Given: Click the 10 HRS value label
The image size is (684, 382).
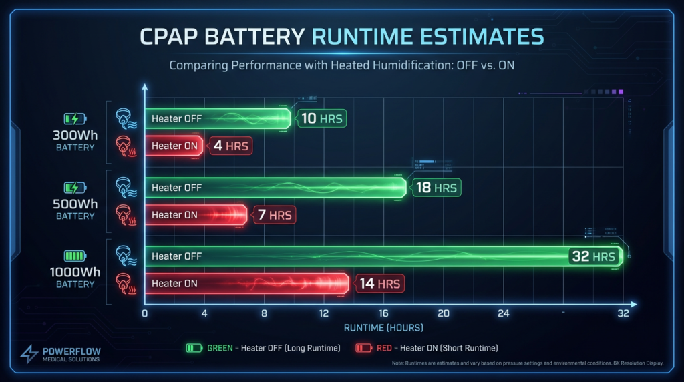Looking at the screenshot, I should (x=322, y=119).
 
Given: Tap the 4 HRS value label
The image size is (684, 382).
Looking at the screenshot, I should (x=227, y=146).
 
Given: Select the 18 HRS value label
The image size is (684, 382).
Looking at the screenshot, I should (x=436, y=188).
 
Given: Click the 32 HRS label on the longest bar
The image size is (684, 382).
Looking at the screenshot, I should (x=592, y=256).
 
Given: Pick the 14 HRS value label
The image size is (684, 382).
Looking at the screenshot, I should (x=379, y=284).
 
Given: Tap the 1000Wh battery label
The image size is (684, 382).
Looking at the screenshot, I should (x=75, y=272).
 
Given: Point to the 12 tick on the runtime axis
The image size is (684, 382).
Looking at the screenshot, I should (x=324, y=314).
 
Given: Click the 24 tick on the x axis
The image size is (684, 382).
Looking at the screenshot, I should (x=503, y=314).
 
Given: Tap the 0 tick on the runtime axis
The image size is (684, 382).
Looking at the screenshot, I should (x=145, y=314).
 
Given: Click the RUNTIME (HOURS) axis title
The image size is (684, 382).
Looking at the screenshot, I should (x=383, y=328).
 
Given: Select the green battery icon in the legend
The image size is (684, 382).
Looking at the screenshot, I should (x=194, y=348).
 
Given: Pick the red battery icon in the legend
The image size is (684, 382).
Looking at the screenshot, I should (x=364, y=348).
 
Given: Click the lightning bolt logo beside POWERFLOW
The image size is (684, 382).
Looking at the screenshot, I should (x=29, y=355).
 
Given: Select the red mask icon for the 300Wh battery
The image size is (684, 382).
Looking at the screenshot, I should (x=124, y=146).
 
